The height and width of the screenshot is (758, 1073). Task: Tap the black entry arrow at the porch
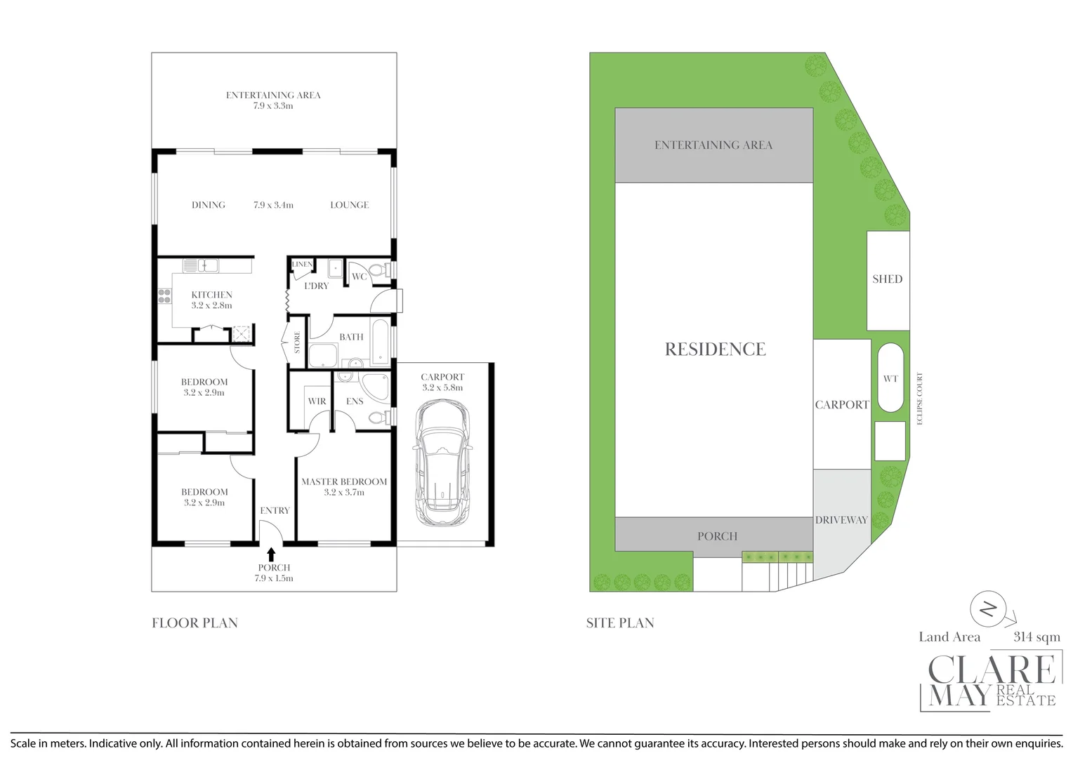(x=271, y=554)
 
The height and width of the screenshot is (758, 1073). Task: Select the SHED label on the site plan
(x=887, y=279)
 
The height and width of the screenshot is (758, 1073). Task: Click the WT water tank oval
(x=890, y=378)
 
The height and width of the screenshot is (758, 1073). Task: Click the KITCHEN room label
(x=211, y=295)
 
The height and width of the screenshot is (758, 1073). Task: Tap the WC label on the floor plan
(x=359, y=277)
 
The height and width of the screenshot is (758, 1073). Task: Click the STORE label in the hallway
(x=297, y=342)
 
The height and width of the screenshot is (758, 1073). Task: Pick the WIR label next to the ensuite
(x=317, y=401)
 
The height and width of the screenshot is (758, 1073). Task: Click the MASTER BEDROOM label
(x=344, y=482)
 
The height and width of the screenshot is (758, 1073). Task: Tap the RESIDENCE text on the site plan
(x=715, y=350)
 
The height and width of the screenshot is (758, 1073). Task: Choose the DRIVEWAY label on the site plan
(x=841, y=520)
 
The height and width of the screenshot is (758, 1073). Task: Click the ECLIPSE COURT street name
(x=919, y=397)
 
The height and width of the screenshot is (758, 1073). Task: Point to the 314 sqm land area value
(x=1036, y=637)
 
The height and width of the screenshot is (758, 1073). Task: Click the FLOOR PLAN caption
(x=195, y=623)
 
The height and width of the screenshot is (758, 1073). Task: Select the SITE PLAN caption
(x=620, y=623)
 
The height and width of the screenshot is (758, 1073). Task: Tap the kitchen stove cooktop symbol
(x=164, y=296)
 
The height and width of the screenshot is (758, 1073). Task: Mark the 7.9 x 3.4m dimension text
(x=273, y=205)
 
